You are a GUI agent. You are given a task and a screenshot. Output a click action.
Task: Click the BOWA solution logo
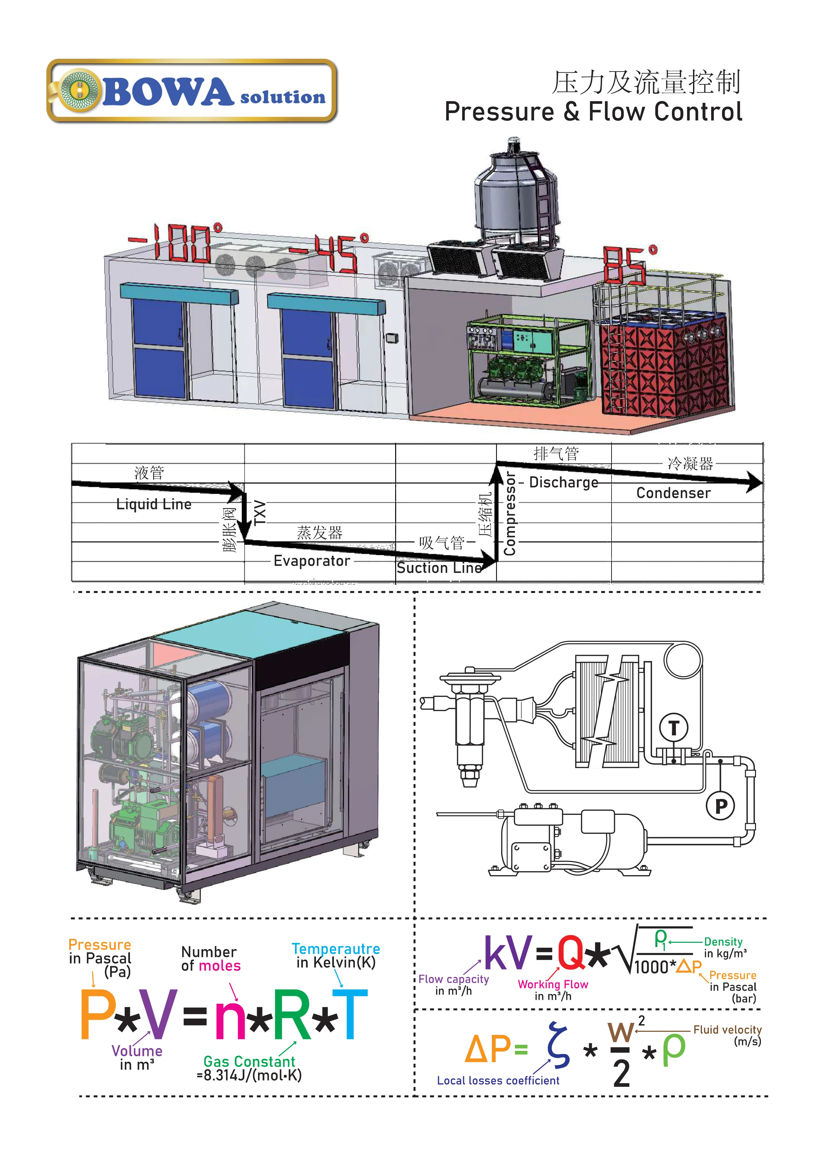[x=192, y=91]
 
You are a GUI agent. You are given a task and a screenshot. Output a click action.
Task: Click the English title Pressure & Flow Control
[x=593, y=112]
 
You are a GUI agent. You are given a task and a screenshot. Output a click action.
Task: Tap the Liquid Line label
[x=154, y=504]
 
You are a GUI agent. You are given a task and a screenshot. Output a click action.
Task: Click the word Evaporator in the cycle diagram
[x=312, y=561]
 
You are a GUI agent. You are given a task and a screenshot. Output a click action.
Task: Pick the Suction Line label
[x=439, y=568]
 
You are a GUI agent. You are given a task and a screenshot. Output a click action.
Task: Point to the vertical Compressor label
[x=510, y=514]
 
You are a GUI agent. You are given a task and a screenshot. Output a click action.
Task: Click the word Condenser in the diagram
[x=674, y=493]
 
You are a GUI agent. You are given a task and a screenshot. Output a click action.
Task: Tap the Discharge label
[x=564, y=482]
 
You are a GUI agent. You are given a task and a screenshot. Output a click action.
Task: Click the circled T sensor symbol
[x=674, y=727]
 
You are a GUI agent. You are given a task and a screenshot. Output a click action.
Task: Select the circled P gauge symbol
[x=721, y=806]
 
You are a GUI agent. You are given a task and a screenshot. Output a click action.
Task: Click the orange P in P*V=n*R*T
[x=97, y=1015]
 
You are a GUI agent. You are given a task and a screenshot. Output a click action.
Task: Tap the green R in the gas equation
[x=293, y=1015]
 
